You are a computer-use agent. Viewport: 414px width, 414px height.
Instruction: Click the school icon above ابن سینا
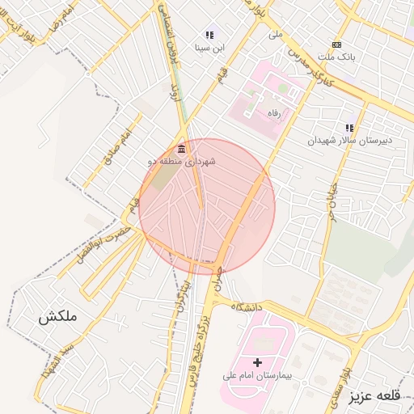pyautogui.click(x=209, y=35)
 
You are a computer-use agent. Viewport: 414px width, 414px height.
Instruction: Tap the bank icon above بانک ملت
pyautogui.click(x=336, y=44)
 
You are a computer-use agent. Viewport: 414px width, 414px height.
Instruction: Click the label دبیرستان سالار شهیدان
pyautogui.click(x=349, y=140)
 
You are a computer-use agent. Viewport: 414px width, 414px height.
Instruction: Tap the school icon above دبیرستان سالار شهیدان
pyautogui.click(x=349, y=128)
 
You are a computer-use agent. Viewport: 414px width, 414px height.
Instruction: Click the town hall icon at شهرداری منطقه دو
pyautogui.click(x=180, y=150)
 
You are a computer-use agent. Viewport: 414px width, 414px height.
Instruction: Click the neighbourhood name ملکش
pyautogui.click(x=57, y=318)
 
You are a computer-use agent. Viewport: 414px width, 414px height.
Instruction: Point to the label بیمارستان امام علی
pyautogui.click(x=258, y=376)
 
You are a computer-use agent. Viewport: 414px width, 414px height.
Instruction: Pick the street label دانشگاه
pyautogui.click(x=249, y=307)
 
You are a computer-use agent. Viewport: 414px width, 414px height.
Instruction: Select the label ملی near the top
pyautogui.click(x=277, y=35)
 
